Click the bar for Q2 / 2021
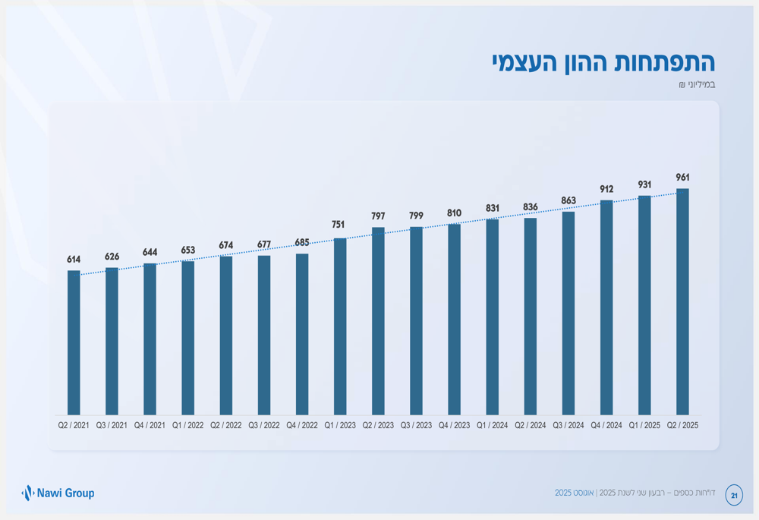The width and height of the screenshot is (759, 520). coord(74,342)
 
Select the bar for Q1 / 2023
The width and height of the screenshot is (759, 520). coord(340,326)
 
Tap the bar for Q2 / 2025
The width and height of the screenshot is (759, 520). coord(682,301)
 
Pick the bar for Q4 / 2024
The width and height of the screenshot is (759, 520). coord(606,307)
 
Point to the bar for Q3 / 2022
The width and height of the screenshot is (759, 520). coord(264,335)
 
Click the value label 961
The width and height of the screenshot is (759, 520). coord(682,178)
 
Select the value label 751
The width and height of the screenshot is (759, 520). coord(338,225)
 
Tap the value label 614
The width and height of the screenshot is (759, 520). coord(74,260)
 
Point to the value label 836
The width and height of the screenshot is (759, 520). coord(531,207)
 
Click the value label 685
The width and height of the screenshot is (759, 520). coord(302,243)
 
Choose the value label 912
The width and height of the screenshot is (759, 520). coord(606,189)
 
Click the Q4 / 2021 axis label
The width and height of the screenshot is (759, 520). coord(150,426)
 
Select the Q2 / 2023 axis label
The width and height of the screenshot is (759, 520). coord(378,426)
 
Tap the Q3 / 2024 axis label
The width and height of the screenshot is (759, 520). coord(568,426)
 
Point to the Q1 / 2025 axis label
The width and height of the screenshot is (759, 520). coord(644,426)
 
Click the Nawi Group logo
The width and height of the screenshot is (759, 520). coord(58,493)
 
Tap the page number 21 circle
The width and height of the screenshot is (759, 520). coord(734,495)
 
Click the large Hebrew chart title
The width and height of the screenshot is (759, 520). coord(603,62)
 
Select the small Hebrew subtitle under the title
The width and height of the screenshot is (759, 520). coord(697,85)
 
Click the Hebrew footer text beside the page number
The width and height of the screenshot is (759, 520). coord(635,493)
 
